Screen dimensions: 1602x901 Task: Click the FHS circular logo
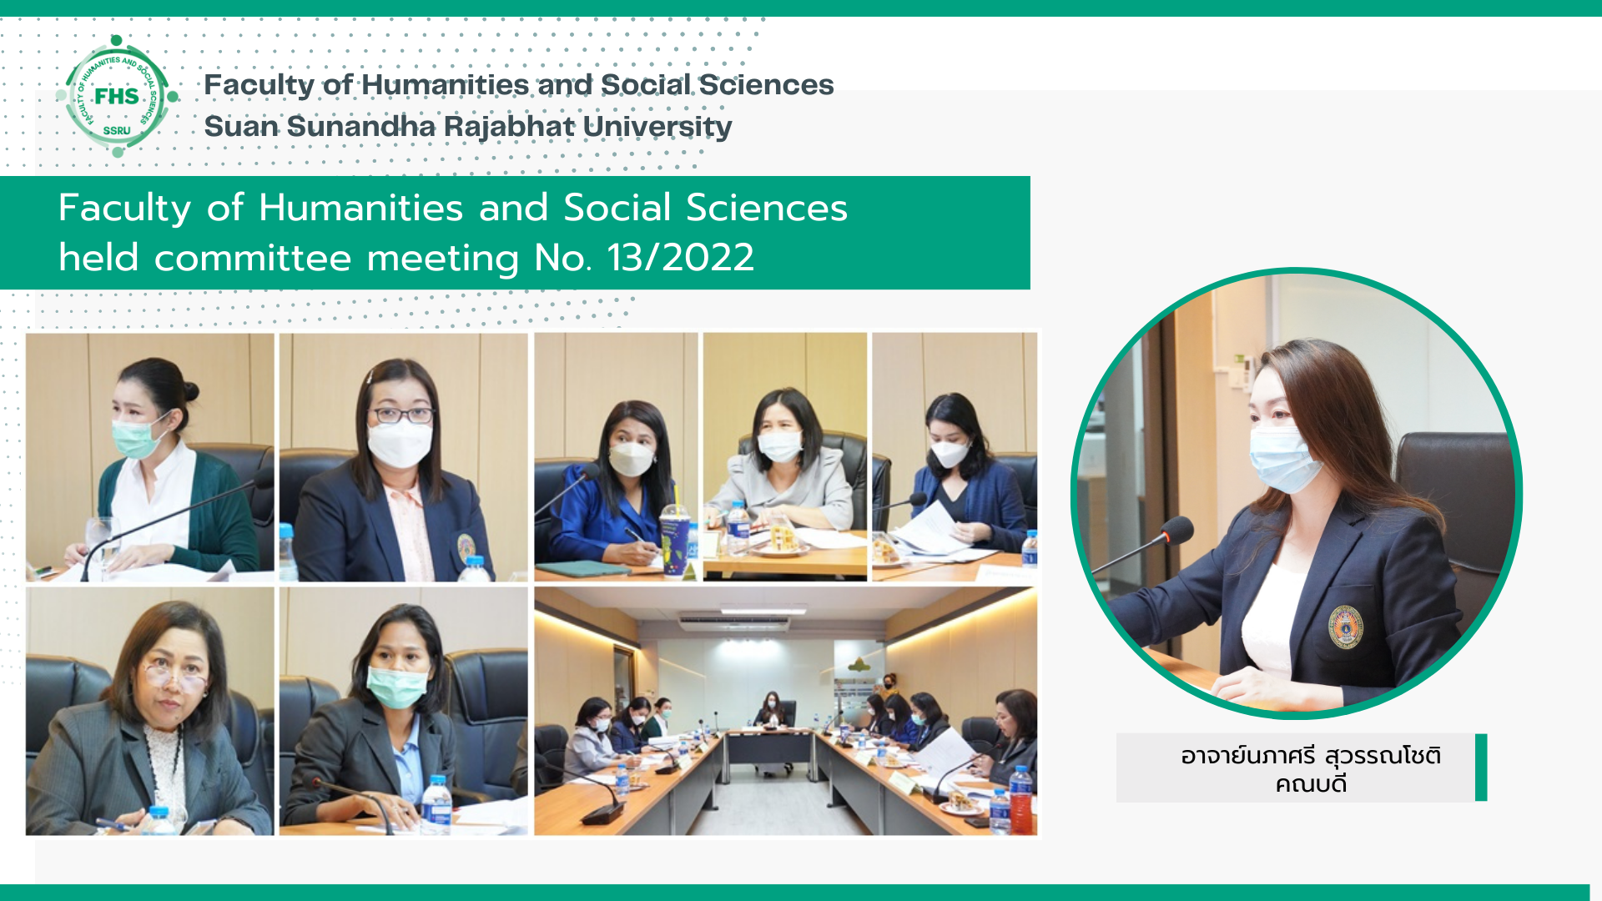coord(117,96)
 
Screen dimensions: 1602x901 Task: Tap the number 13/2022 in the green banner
coord(681,257)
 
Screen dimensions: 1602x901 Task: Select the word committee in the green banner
coord(253,257)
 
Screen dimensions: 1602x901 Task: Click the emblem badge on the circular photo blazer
coord(1345,627)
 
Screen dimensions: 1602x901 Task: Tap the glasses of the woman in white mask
coord(401,415)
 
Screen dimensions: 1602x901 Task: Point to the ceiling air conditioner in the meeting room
coord(733,622)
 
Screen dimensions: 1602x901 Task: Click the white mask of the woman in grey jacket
coord(779,446)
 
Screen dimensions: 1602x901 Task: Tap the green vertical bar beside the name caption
coord(1481,768)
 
